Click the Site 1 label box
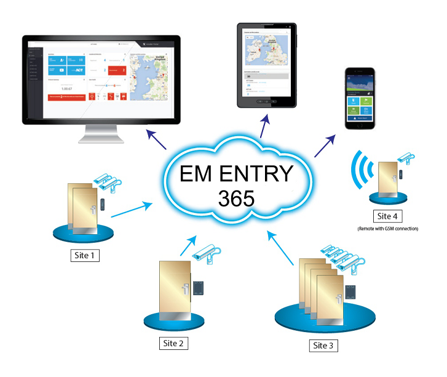coord(85,253)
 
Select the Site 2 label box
coord(172,343)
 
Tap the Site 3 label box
coord(323,345)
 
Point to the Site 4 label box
coord(389,216)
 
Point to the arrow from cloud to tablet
coord(263,128)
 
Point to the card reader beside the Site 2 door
coord(198,288)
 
